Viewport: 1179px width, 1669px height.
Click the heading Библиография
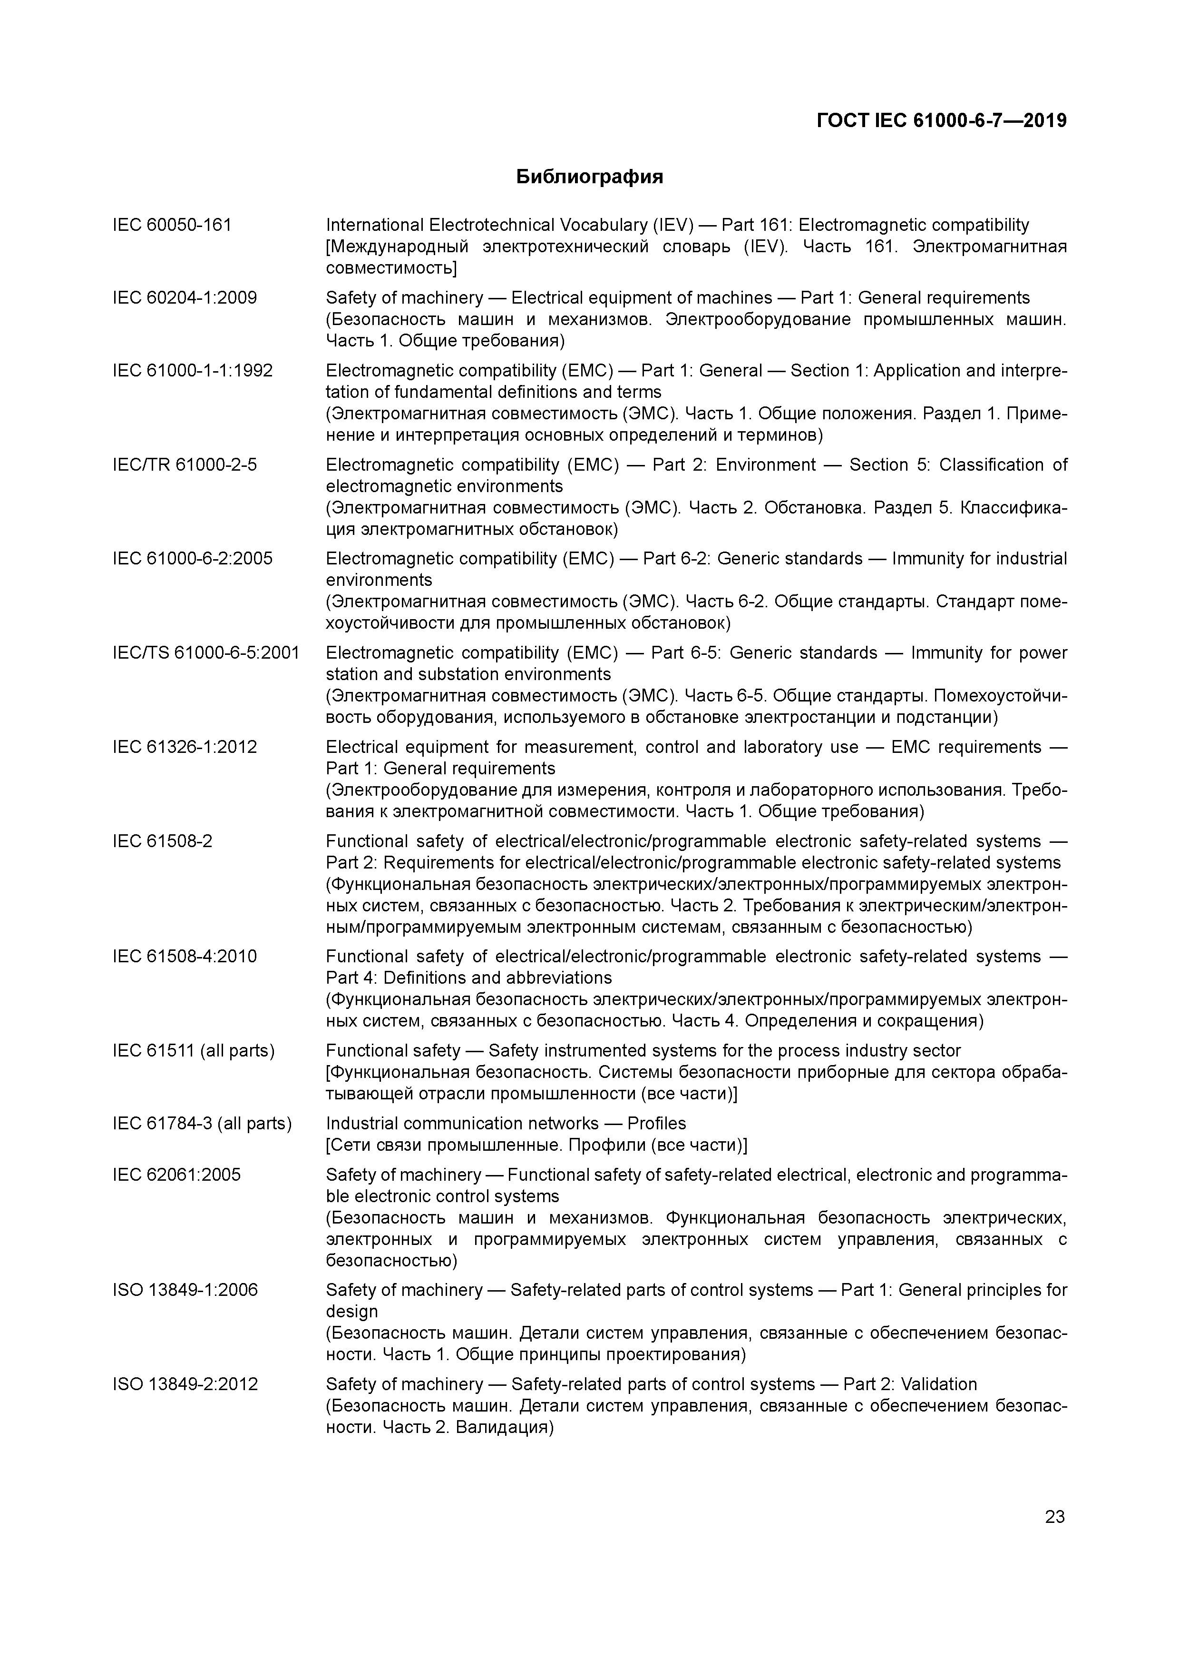[589, 177]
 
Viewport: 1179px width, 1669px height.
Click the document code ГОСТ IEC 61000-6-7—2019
[942, 121]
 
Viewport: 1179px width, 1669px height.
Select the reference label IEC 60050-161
[172, 226]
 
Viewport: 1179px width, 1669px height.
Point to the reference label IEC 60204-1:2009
[185, 298]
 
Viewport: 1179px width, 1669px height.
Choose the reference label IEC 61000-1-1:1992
[193, 371]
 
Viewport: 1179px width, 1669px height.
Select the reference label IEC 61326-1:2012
[185, 747]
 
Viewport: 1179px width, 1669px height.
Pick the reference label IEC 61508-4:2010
[185, 956]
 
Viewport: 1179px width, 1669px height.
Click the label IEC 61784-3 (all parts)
[202, 1124]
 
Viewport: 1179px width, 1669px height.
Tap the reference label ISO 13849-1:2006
[185, 1290]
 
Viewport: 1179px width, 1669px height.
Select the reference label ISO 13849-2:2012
[185, 1384]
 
